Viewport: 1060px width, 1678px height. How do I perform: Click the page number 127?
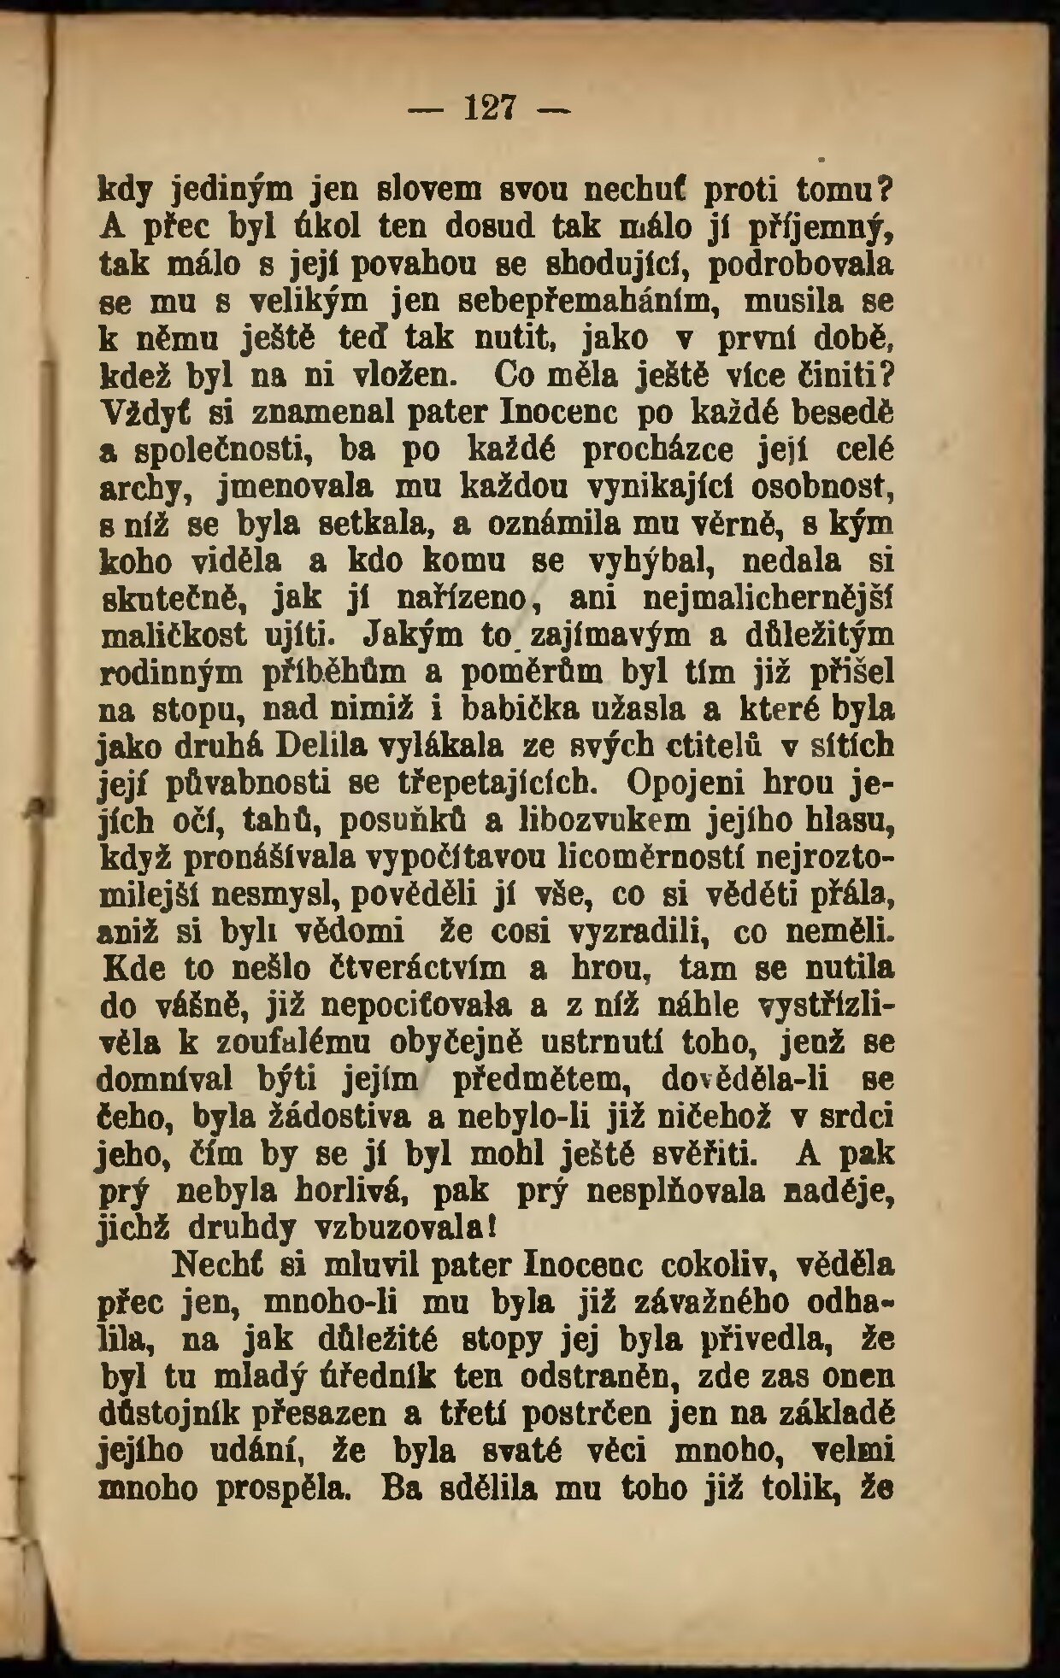coord(490,109)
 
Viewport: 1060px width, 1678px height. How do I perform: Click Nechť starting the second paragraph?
coord(221,1264)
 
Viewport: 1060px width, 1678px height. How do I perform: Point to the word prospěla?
coord(283,1488)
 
